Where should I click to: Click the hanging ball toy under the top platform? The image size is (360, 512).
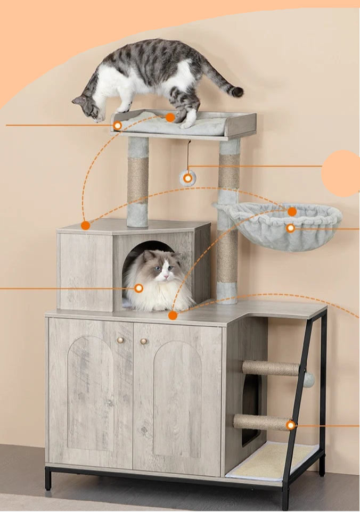[x=187, y=178]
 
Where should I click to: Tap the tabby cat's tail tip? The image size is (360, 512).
[x=237, y=92]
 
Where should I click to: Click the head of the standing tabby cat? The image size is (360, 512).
[x=89, y=108]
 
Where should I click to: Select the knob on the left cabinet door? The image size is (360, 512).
[x=120, y=340]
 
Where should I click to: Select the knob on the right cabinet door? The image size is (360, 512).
[x=143, y=341]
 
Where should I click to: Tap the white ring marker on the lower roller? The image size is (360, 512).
[x=290, y=425]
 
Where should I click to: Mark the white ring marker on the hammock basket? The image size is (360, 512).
[x=290, y=228]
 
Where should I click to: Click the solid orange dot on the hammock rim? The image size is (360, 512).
[x=292, y=211]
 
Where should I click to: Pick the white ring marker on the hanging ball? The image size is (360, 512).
[x=187, y=178]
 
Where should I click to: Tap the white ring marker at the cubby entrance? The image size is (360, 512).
[x=138, y=288]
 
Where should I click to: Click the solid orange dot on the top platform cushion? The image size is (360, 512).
[x=170, y=117]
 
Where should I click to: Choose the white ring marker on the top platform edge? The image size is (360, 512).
[x=117, y=126]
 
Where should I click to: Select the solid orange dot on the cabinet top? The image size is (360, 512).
[x=173, y=315]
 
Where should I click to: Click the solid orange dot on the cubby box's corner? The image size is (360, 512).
[x=85, y=225]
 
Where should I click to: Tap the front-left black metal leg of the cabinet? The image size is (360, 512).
[x=48, y=478]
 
